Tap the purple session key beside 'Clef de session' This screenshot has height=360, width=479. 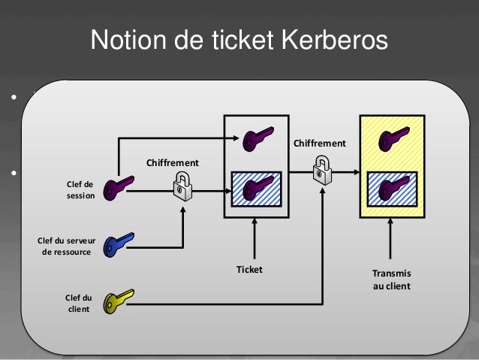119,186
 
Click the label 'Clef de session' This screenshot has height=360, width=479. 79,189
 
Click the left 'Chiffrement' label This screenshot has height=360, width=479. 172,162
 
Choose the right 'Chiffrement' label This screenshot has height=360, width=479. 320,143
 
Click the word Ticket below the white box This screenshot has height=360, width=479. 250,269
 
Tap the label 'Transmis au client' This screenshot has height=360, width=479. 392,280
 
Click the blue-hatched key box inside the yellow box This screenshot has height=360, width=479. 392,189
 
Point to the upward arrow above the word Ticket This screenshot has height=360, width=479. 256,238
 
